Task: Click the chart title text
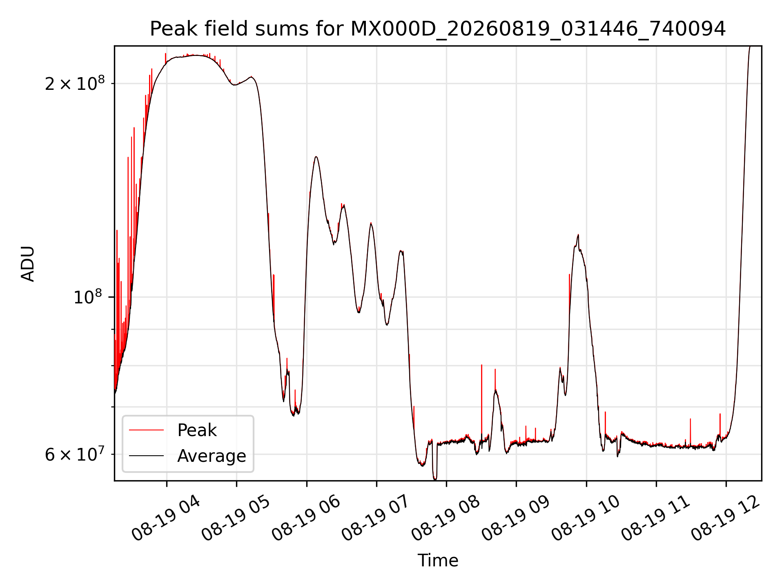pyautogui.click(x=438, y=29)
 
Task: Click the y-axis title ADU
pyautogui.click(x=28, y=263)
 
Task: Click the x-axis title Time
pyautogui.click(x=438, y=560)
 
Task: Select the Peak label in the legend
pyautogui.click(x=197, y=430)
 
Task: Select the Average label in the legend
pyautogui.click(x=212, y=456)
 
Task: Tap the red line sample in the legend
pyautogui.click(x=146, y=430)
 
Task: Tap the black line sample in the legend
pyautogui.click(x=146, y=456)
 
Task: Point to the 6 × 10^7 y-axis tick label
pyautogui.click(x=75, y=454)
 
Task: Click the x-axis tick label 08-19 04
pyautogui.click(x=166, y=519)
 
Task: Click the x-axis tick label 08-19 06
pyautogui.click(x=306, y=519)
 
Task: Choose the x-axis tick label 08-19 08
pyautogui.click(x=446, y=519)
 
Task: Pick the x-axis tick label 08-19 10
pyautogui.click(x=586, y=519)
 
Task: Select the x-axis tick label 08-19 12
pyautogui.click(x=726, y=519)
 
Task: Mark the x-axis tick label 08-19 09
pyautogui.click(x=516, y=519)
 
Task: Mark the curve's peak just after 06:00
pyautogui.click(x=316, y=157)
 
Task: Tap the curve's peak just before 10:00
pyautogui.click(x=578, y=235)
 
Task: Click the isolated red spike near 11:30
pyautogui.click(x=690, y=432)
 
